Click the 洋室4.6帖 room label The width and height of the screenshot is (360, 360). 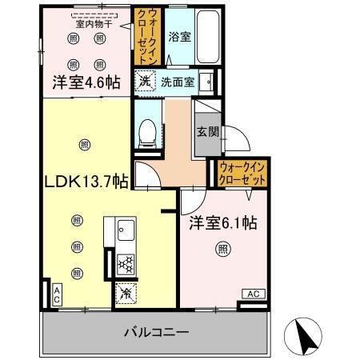87,82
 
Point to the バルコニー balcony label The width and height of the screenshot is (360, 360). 157,330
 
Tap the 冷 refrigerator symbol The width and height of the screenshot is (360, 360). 126,294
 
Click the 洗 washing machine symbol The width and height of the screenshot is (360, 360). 144,81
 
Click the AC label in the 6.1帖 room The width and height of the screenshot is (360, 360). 251,295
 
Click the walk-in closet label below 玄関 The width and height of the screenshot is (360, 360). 241,174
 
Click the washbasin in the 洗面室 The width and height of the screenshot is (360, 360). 206,81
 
